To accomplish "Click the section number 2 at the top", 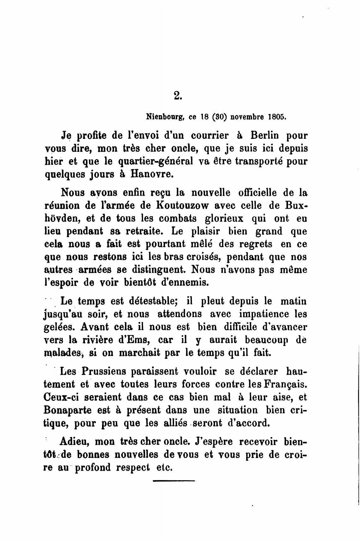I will (178, 95).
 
